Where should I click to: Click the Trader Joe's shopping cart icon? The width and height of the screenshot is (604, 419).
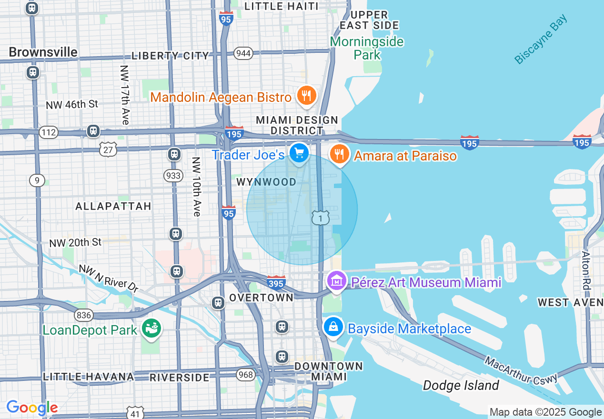pyautogui.click(x=299, y=153)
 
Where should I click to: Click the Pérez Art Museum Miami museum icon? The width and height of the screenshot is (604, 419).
pyautogui.click(x=337, y=281)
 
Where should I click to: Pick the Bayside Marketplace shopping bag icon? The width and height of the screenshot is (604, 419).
pyautogui.click(x=333, y=327)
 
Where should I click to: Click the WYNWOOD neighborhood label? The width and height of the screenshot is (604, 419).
pyautogui.click(x=266, y=182)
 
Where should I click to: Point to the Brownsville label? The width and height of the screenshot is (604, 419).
pyautogui.click(x=43, y=52)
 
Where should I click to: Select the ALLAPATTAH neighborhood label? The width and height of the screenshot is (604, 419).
pyautogui.click(x=113, y=206)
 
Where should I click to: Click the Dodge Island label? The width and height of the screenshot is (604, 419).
pyautogui.click(x=461, y=385)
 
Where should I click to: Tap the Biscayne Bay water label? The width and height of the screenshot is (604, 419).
pyautogui.click(x=541, y=39)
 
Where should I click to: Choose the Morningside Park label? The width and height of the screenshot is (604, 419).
pyautogui.click(x=367, y=48)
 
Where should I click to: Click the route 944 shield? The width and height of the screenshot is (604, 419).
pyautogui.click(x=243, y=53)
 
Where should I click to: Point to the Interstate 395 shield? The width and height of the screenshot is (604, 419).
pyautogui.click(x=276, y=283)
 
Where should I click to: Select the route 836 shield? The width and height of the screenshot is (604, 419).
pyautogui.click(x=83, y=315)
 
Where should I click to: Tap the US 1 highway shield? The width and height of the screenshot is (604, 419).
pyautogui.click(x=321, y=218)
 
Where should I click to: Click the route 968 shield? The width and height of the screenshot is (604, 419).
pyautogui.click(x=246, y=375)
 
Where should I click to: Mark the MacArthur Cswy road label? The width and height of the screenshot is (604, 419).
pyautogui.click(x=521, y=370)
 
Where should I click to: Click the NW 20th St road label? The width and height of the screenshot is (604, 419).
pyautogui.click(x=75, y=243)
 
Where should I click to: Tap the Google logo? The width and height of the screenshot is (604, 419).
pyautogui.click(x=32, y=408)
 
